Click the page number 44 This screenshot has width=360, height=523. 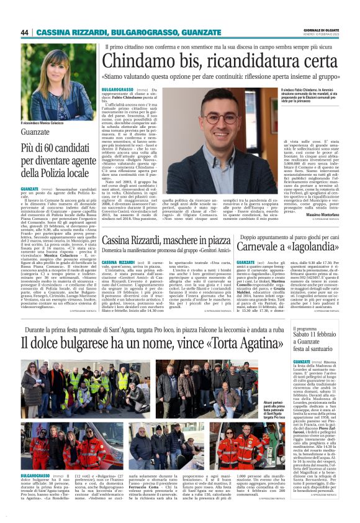[x=25, y=32]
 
